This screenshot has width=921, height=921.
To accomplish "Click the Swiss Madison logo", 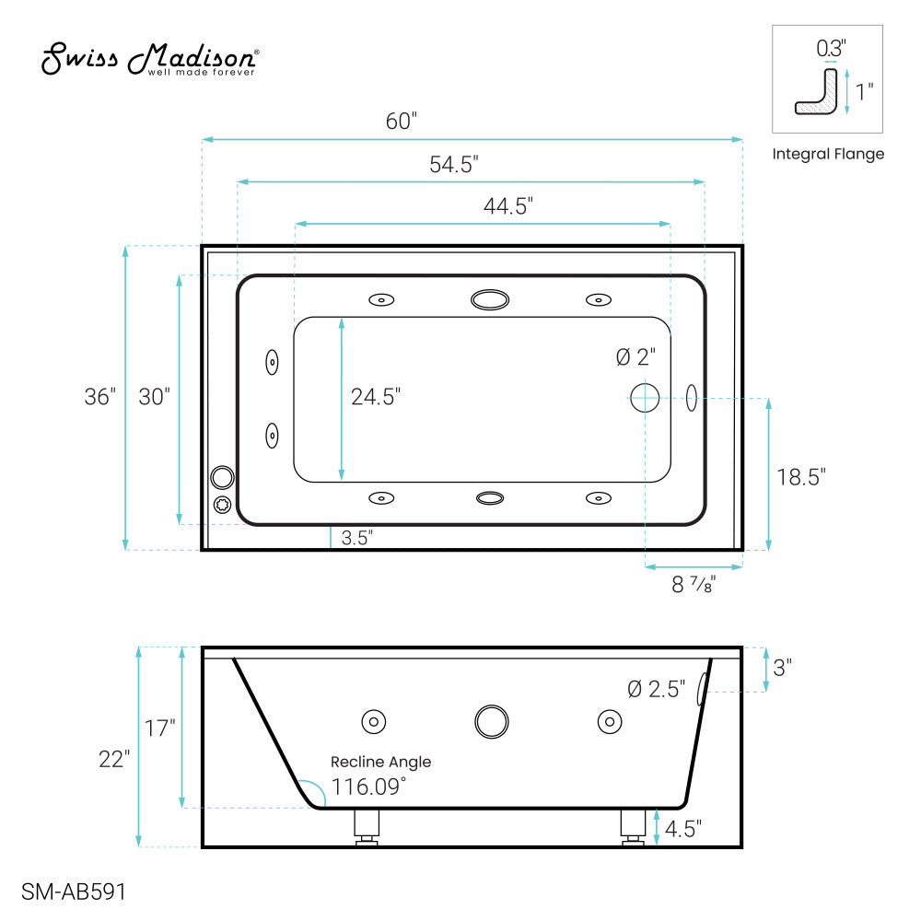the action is (x=150, y=59).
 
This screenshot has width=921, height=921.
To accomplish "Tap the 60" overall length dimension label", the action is (x=402, y=121).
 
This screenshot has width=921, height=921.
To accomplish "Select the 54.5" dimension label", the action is (x=453, y=165).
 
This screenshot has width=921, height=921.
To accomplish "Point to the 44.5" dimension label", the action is (x=508, y=206).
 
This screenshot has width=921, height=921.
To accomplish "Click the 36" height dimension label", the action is (x=99, y=397).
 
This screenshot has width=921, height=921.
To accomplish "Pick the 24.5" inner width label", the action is (x=376, y=397).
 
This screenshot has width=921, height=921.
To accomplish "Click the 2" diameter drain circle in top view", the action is (x=645, y=398).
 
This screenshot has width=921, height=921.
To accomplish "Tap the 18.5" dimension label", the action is (x=801, y=477).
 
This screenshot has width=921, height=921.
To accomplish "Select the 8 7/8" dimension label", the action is (x=694, y=585).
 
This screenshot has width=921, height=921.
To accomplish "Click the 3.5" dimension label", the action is (x=357, y=538).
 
